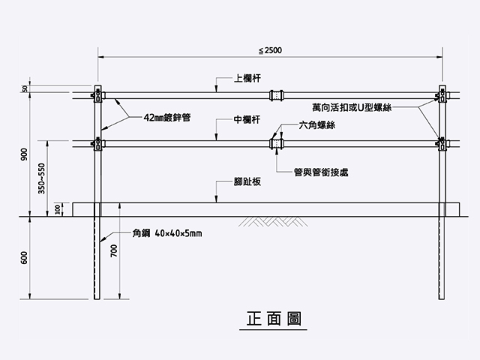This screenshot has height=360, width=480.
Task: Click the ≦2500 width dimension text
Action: pyautogui.click(x=271, y=50)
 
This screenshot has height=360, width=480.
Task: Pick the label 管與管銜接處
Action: pyautogui.click(x=321, y=172)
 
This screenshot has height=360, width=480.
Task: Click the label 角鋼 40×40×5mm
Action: pyautogui.click(x=167, y=233)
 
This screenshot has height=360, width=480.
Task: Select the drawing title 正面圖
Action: pyautogui.click(x=273, y=318)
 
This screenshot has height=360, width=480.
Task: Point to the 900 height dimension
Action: pyautogui.click(x=25, y=154)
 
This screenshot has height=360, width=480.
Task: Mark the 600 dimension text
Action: pyautogui.click(x=25, y=257)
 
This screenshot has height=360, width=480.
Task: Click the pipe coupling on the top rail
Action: pyautogui.click(x=275, y=95)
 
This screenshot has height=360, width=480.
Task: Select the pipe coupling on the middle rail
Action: pyautogui.click(x=275, y=142)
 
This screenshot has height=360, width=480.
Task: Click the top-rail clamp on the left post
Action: pyautogui.click(x=97, y=95)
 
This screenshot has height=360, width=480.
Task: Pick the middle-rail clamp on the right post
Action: pyautogui.click(x=441, y=142)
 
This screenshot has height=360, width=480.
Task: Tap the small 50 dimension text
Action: pyautogui.click(x=25, y=88)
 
